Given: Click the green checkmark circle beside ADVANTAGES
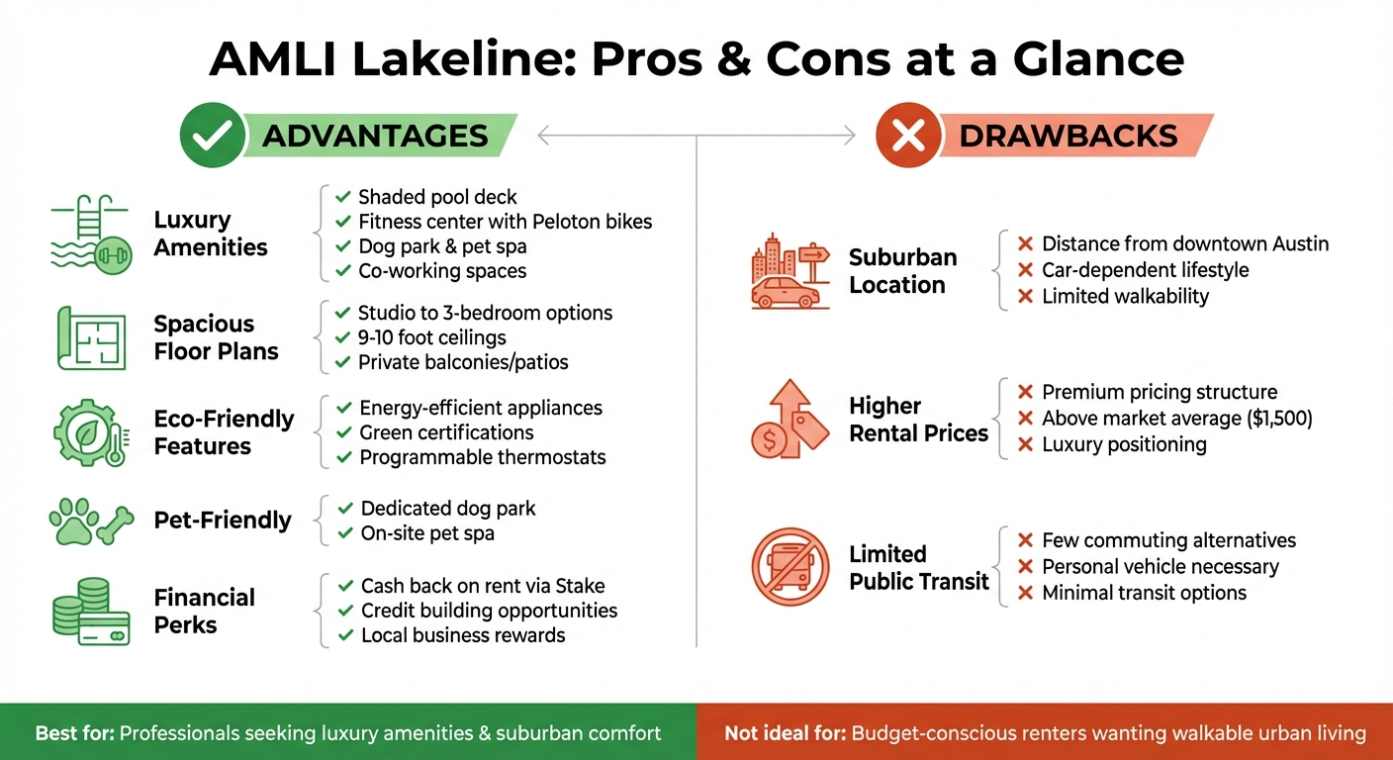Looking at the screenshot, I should [211, 136].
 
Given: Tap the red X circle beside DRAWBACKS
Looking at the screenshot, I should [906, 136].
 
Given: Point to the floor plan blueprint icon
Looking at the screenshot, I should [90, 338].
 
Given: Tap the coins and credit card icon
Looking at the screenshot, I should [90, 612].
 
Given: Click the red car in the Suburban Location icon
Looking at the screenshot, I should [785, 293].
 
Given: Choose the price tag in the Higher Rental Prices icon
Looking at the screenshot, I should [808, 430].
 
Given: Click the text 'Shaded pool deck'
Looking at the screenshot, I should [437, 197].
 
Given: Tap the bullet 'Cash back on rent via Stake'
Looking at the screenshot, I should [483, 586].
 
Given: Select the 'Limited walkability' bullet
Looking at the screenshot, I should [1125, 296].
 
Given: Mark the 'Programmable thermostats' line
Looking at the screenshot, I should [483, 457].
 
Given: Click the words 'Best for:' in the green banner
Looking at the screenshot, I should [75, 733].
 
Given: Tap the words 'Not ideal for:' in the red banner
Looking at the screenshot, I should [785, 733].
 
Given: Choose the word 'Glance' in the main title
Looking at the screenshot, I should [1098, 59].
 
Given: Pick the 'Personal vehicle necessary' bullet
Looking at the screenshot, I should [1160, 567].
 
